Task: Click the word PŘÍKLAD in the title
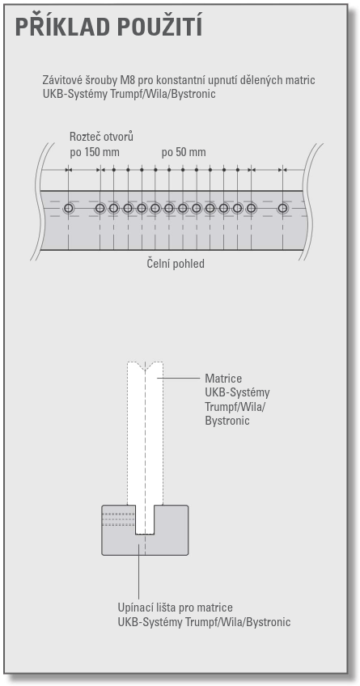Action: click(62, 27)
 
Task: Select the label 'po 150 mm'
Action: click(95, 153)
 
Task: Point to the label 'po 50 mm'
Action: click(184, 153)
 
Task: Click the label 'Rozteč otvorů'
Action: click(101, 137)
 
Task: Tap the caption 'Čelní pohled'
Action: click(176, 265)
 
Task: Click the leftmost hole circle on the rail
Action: click(68, 208)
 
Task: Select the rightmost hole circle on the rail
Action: click(283, 208)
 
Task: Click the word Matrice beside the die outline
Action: click(223, 379)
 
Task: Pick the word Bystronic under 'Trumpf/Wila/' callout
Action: click(227, 421)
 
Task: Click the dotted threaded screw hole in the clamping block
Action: click(118, 519)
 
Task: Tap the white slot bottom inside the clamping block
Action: click(145, 533)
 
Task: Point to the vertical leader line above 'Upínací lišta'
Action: click(138, 571)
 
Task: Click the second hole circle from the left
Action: click(100, 208)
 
